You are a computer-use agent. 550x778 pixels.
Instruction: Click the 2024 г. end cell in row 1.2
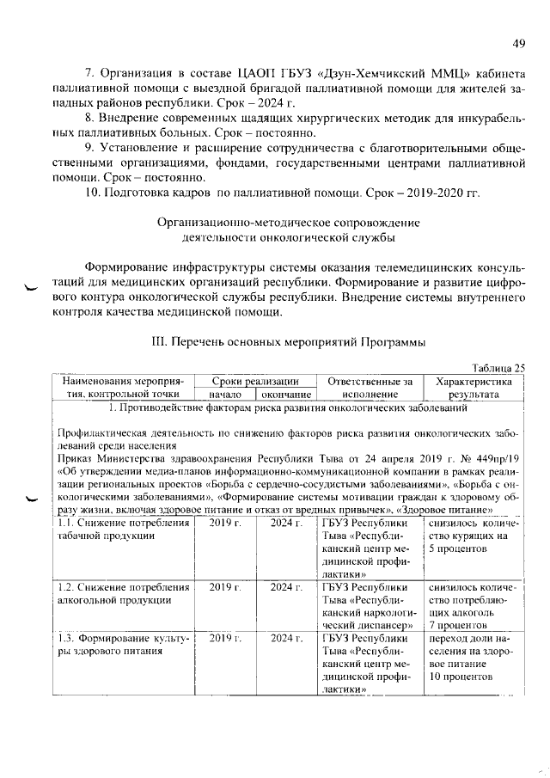point(285,585)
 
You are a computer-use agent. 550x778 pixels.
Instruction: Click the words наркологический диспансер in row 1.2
point(368,619)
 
